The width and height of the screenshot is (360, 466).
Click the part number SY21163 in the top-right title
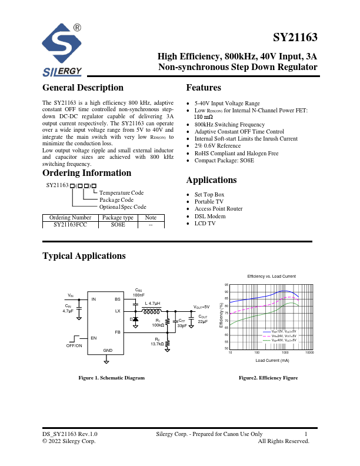point(295,38)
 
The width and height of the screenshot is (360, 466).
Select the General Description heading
point(83,88)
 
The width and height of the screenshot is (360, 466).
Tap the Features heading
point(204,88)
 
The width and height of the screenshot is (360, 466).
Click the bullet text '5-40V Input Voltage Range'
point(227,103)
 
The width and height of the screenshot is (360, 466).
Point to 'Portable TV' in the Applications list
point(209,201)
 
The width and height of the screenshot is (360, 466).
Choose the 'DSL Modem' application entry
point(210,216)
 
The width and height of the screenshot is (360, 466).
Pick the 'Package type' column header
point(118,217)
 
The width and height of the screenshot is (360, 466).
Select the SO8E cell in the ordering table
point(118,224)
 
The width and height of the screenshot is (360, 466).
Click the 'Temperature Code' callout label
point(121,192)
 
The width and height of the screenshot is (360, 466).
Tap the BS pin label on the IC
point(117,299)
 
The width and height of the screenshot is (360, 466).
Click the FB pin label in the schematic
point(117,332)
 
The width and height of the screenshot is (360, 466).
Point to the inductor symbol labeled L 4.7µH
point(152,311)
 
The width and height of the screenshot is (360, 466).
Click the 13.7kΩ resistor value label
point(157,344)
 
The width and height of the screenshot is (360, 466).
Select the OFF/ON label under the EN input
point(74,346)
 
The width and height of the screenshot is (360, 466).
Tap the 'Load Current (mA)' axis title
point(272,360)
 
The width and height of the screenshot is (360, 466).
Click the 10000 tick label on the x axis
point(309,352)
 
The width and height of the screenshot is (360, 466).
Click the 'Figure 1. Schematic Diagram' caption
point(112,378)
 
